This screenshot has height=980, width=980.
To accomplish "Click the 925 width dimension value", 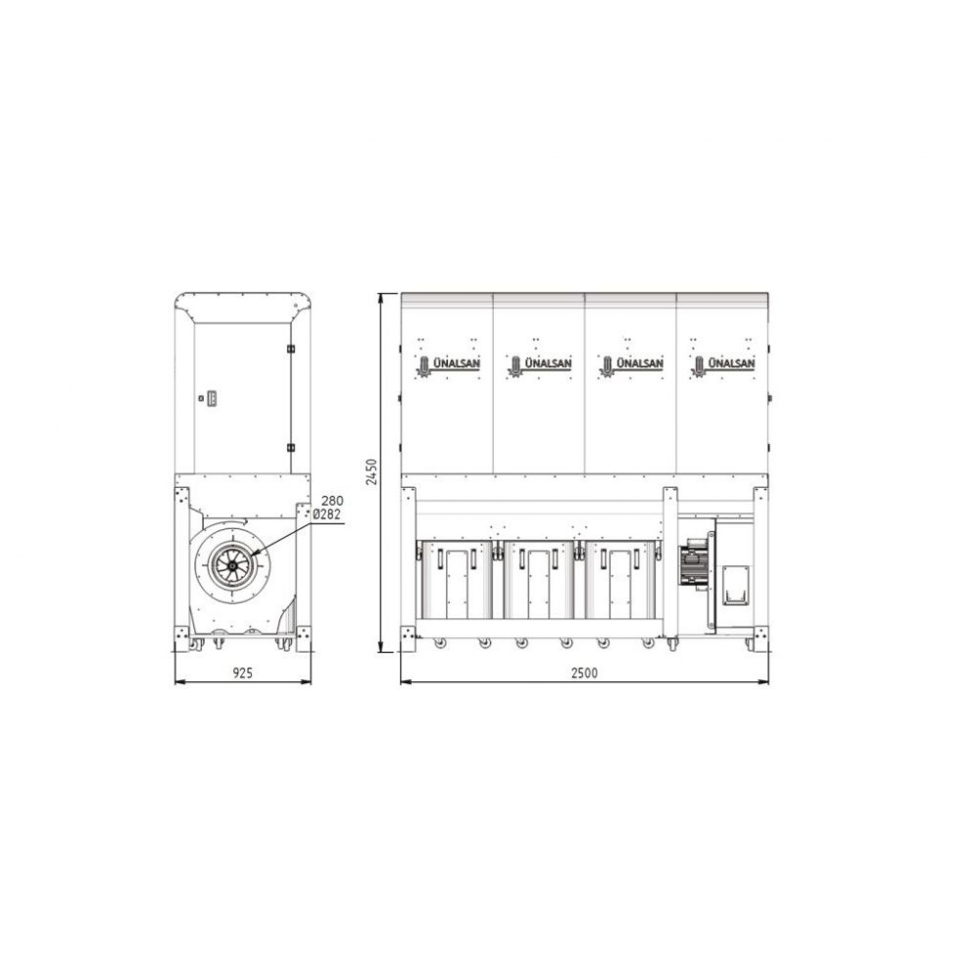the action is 242,672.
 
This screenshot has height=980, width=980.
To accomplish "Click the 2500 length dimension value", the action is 584,672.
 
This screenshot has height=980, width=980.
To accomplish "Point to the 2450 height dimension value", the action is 371,472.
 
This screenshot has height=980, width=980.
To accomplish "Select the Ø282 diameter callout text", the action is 326,514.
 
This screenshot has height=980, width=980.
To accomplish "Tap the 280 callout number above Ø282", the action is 332,501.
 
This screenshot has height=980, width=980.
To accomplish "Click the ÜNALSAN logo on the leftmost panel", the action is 449,365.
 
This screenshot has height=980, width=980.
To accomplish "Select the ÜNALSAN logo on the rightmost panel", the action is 723,365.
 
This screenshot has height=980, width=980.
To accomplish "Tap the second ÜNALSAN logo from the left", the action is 540,365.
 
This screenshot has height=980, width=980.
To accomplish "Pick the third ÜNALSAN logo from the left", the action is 631,365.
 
